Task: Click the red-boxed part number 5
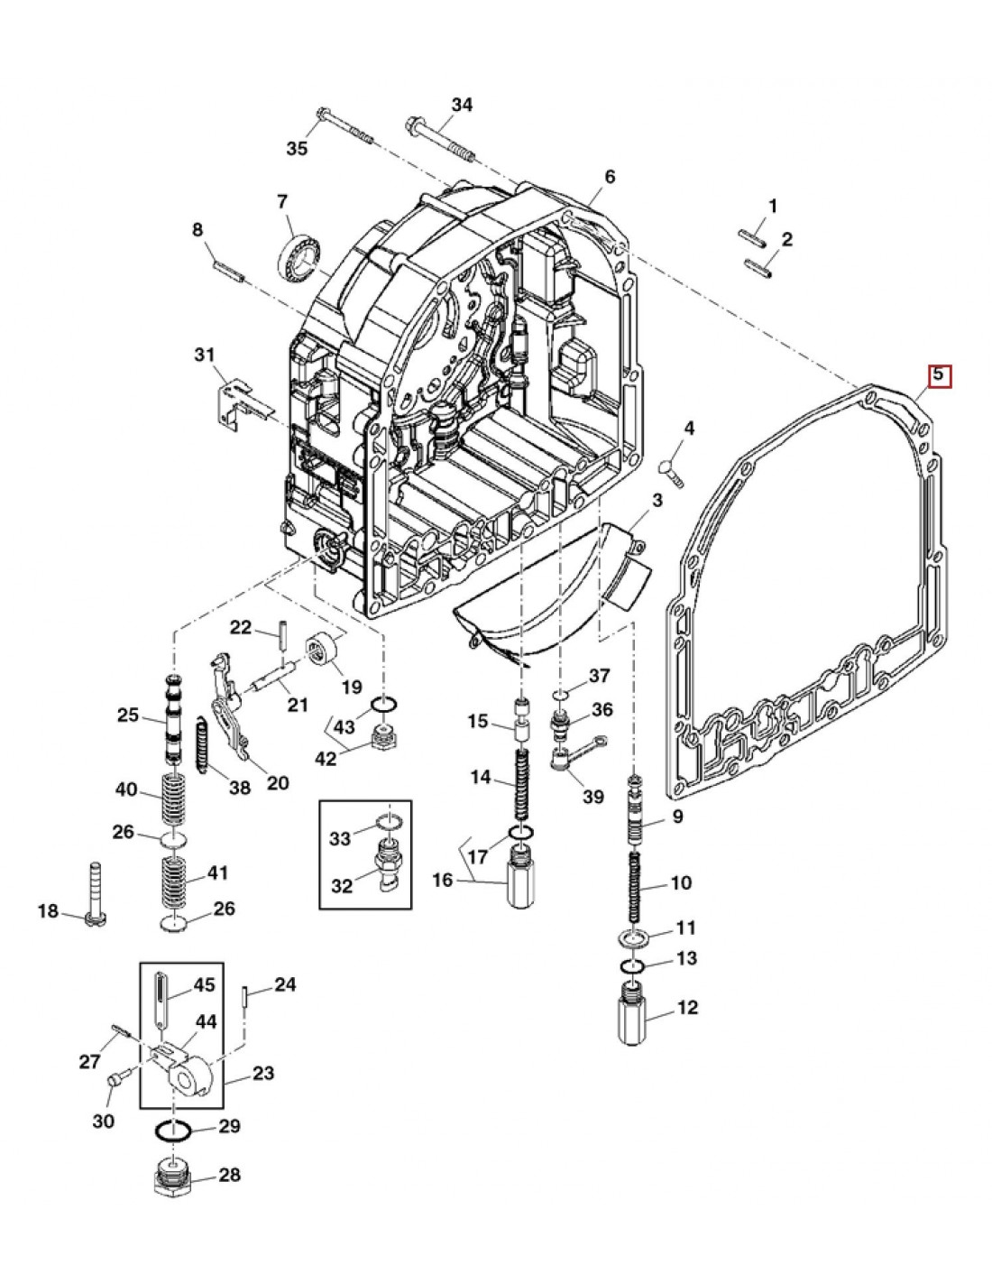pyautogui.click(x=939, y=374)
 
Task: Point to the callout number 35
pyautogui.click(x=297, y=149)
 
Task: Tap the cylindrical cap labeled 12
pyautogui.click(x=637, y=1017)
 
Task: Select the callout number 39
pyautogui.click(x=592, y=797)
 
